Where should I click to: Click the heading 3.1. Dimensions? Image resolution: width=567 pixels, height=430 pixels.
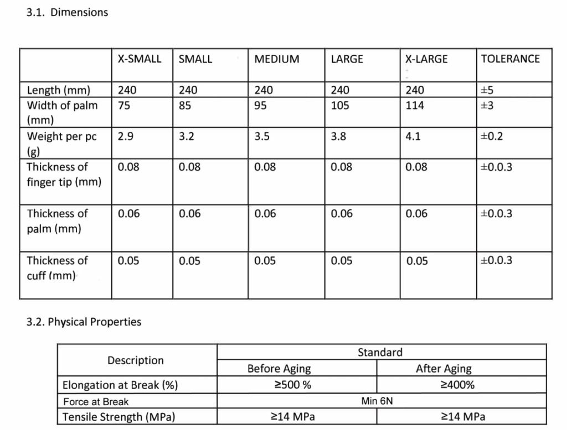click(x=67, y=12)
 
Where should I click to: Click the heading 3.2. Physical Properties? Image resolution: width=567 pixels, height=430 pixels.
click(x=84, y=322)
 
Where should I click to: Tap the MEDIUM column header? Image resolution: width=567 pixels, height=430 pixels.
click(x=277, y=59)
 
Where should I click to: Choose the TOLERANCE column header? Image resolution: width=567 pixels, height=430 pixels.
click(x=510, y=59)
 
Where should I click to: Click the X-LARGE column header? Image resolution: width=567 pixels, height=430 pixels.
click(x=426, y=59)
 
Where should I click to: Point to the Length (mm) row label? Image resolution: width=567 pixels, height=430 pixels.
click(x=59, y=90)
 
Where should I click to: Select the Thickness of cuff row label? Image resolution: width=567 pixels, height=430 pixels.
click(x=57, y=267)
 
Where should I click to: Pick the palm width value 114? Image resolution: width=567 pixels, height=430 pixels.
click(x=415, y=105)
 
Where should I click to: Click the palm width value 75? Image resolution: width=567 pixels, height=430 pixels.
click(x=124, y=105)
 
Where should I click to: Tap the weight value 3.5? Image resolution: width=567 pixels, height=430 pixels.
click(x=262, y=137)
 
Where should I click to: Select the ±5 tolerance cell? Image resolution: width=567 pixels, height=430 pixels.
click(x=487, y=90)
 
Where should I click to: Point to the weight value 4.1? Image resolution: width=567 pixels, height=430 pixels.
click(x=413, y=137)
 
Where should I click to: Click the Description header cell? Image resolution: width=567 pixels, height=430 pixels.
click(x=136, y=360)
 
